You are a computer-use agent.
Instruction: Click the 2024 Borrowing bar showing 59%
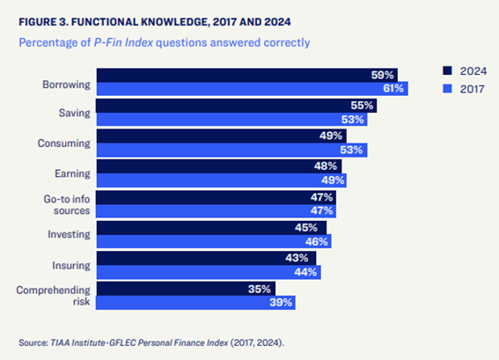click(x=247, y=75)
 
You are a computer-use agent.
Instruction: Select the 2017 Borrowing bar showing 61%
click(x=253, y=89)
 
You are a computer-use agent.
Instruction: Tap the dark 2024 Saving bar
click(x=236, y=106)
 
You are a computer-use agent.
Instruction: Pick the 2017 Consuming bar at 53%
click(x=232, y=151)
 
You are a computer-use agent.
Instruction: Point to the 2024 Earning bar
click(x=219, y=166)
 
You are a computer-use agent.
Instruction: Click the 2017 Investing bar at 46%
click(x=214, y=241)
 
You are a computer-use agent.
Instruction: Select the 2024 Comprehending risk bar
click(x=187, y=289)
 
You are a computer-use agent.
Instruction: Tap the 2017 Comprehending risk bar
click(x=195, y=303)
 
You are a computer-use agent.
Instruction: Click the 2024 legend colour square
click(x=447, y=70)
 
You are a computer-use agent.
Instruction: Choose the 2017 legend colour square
click(x=447, y=89)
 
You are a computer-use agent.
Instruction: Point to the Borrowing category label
click(x=67, y=84)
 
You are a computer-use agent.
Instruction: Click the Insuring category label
click(x=71, y=266)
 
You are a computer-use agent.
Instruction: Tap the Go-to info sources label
click(x=67, y=205)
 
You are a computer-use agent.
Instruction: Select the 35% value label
click(x=260, y=289)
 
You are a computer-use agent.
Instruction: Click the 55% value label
click(x=362, y=106)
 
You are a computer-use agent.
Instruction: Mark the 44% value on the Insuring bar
click(x=305, y=272)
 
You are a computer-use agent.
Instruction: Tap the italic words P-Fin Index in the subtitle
click(x=123, y=42)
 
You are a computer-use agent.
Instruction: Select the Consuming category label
click(x=64, y=143)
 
